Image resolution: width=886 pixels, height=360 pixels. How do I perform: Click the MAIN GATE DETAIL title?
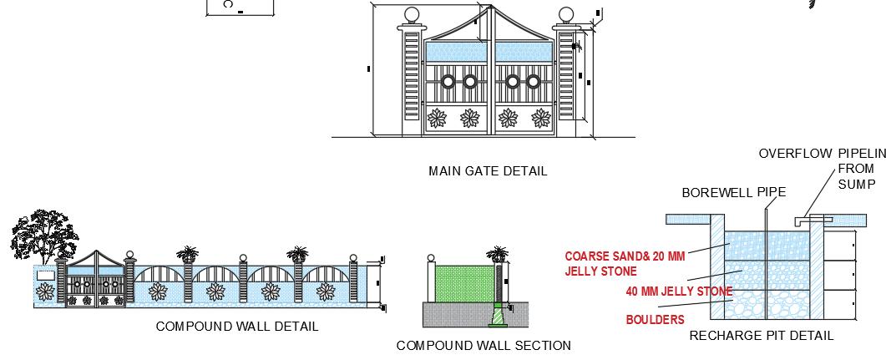[488, 171]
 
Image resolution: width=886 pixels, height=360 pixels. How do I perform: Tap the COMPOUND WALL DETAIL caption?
[237, 327]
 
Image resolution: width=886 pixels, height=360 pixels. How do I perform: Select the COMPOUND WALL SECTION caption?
[484, 346]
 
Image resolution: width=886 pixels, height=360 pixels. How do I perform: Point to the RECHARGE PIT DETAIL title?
[761, 336]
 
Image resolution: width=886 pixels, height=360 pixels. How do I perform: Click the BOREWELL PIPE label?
[733, 193]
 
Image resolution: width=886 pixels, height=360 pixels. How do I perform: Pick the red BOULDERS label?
[655, 320]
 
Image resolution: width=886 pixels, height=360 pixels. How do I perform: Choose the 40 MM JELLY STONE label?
[679, 292]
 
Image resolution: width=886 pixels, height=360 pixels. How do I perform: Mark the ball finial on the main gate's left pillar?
[412, 15]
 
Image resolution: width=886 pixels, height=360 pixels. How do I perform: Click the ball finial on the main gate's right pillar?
[566, 15]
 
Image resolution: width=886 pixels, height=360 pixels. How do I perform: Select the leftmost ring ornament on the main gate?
[448, 82]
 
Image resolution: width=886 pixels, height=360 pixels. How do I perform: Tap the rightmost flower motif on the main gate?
[539, 118]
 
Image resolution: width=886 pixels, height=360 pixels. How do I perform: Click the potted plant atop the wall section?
[499, 253]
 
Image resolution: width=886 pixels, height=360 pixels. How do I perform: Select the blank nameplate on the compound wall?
[45, 274]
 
